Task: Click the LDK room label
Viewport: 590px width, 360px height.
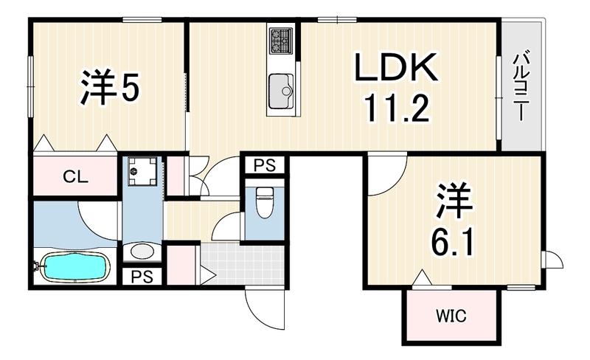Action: (396, 67)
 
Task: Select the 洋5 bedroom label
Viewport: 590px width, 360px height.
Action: (110, 86)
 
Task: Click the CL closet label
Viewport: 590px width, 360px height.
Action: (76, 176)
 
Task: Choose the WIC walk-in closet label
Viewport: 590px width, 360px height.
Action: (451, 316)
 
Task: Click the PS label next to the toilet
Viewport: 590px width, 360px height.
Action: (265, 165)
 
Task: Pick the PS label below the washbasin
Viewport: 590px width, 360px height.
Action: (142, 277)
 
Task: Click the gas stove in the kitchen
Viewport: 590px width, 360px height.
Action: (281, 41)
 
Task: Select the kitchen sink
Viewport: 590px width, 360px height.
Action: (281, 91)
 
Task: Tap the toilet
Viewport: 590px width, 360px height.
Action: (265, 202)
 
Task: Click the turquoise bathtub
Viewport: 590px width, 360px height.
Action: (74, 266)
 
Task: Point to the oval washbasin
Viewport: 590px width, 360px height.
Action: (142, 252)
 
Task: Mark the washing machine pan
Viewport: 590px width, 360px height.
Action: (142, 171)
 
